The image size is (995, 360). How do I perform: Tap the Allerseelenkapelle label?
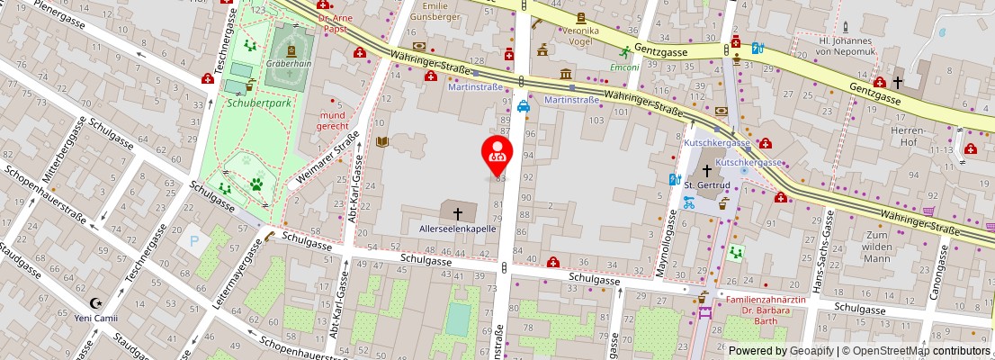[x=458, y=229]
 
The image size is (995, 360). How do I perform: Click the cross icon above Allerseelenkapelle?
[x=458, y=213]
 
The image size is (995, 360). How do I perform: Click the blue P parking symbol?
[x=192, y=241]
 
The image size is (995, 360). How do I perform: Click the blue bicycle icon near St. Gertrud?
[x=689, y=203]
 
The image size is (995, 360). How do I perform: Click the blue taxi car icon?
[x=523, y=105]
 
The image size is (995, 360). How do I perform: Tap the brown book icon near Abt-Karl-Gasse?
[x=382, y=142]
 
